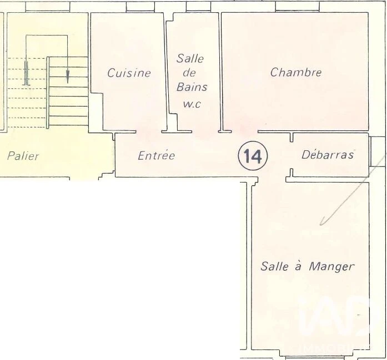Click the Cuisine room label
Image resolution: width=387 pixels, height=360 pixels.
click(129, 73)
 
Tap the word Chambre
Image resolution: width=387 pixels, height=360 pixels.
click(296, 72)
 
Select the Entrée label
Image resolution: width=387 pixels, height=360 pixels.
click(157, 155)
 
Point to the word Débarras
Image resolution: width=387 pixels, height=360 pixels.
click(328, 155)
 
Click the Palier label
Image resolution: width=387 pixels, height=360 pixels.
click(23, 156)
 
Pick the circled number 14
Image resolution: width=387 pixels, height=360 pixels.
click(253, 156)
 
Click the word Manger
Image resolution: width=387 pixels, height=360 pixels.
click(331, 267)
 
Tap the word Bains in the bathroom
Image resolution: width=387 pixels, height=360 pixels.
click(192, 87)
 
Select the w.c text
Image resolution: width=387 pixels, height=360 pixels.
click(192, 104)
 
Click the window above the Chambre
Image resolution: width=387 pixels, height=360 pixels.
click(297, 7)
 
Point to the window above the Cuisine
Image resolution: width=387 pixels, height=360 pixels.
click(140, 7)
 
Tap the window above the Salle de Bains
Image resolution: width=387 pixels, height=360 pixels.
click(198, 7)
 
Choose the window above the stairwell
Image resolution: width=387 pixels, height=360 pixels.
click(48, 7)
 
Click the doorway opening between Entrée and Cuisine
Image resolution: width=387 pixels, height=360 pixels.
click(149, 132)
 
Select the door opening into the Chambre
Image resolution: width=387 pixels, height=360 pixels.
click(245, 132)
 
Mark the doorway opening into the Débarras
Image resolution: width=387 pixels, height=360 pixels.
click(291, 155)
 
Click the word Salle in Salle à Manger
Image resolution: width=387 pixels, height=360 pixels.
click(274, 266)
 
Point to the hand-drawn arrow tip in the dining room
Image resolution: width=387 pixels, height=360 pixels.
click(320, 225)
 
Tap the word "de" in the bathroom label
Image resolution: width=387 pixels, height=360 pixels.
click(189, 73)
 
